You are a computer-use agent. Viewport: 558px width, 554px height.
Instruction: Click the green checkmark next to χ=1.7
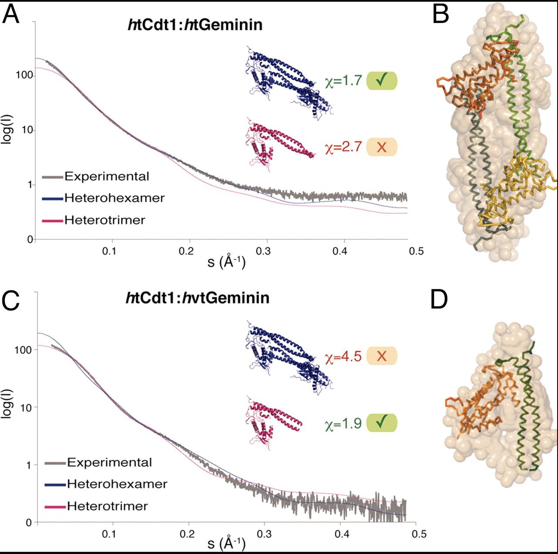pyautogui.click(x=382, y=81)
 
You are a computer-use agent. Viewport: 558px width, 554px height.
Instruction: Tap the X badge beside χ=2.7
pyautogui.click(x=382, y=147)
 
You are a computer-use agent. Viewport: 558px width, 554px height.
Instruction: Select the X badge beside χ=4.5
pyautogui.click(x=382, y=356)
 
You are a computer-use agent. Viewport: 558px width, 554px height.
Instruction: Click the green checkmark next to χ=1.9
pyautogui.click(x=382, y=423)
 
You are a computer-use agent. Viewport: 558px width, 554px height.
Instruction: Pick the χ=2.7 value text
pyautogui.click(x=343, y=147)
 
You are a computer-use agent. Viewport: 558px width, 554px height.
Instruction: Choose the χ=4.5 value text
pyautogui.click(x=343, y=356)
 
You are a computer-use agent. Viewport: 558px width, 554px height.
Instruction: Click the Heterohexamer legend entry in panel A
pyautogui.click(x=114, y=198)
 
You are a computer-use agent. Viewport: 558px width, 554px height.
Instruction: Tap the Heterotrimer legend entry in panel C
pyautogui.click(x=107, y=506)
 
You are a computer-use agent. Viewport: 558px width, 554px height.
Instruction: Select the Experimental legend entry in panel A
pyautogui.click(x=106, y=177)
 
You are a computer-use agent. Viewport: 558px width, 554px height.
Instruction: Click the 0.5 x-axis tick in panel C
pyautogui.click(x=416, y=533)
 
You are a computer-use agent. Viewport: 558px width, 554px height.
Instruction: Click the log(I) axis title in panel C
pyautogui.click(x=7, y=404)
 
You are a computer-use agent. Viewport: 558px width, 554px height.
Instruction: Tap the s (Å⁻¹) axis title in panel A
pyautogui.click(x=226, y=262)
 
